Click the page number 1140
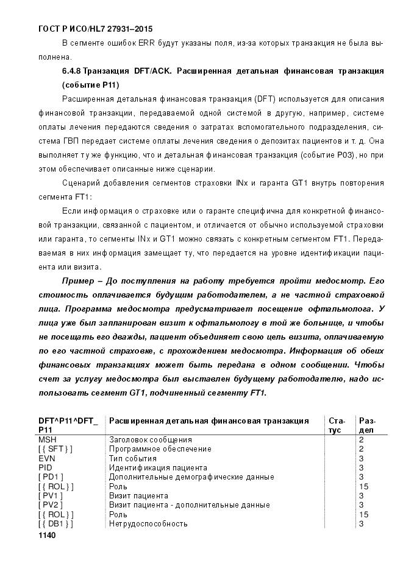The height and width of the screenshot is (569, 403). coord(46,535)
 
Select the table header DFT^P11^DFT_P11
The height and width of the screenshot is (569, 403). coord(68,425)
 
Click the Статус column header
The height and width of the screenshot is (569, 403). coord(337,425)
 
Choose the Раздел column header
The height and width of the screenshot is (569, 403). coord(367,425)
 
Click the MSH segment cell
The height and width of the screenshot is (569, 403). coord(47,439)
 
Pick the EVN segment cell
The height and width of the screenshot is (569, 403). coord(46,458)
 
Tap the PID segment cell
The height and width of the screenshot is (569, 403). coord(45,467)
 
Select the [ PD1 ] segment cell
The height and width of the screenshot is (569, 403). coord(51,477)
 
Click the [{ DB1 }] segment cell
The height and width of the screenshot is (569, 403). coord(55,524)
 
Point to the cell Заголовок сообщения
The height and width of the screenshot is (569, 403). coord(150,439)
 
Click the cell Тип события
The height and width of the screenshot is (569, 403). coord(132,458)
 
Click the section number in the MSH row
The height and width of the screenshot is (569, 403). coord(362,439)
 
